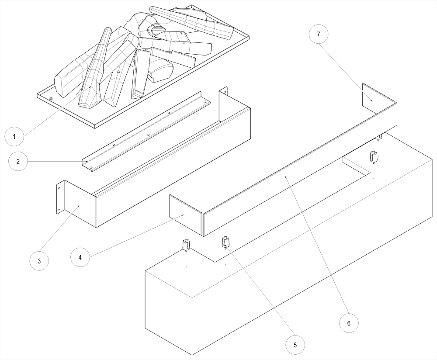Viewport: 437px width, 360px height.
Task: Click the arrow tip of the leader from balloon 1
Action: [x=90, y=86]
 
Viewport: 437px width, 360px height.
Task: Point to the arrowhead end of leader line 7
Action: [x=373, y=101]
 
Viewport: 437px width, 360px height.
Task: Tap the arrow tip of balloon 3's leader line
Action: [x=80, y=204]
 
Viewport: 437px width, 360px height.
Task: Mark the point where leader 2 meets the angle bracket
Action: [x=89, y=161]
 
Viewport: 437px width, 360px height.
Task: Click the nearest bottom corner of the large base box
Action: [x=193, y=356]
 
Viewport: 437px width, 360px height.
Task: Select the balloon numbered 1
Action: [x=14, y=137]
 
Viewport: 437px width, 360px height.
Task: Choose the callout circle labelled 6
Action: [x=349, y=323]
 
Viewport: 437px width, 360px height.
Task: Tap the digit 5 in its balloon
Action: [x=295, y=345]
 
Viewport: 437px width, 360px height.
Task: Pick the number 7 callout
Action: [x=319, y=34]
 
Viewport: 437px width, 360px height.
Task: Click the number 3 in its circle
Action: [x=39, y=261]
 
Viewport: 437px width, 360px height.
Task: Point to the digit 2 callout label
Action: [x=18, y=161]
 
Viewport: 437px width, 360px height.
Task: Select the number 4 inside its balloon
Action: [x=80, y=257]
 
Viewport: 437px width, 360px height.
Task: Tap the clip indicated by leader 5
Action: [x=226, y=242]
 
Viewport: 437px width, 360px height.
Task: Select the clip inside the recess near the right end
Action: [x=374, y=157]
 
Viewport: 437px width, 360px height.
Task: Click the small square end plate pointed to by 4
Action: [x=186, y=215]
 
